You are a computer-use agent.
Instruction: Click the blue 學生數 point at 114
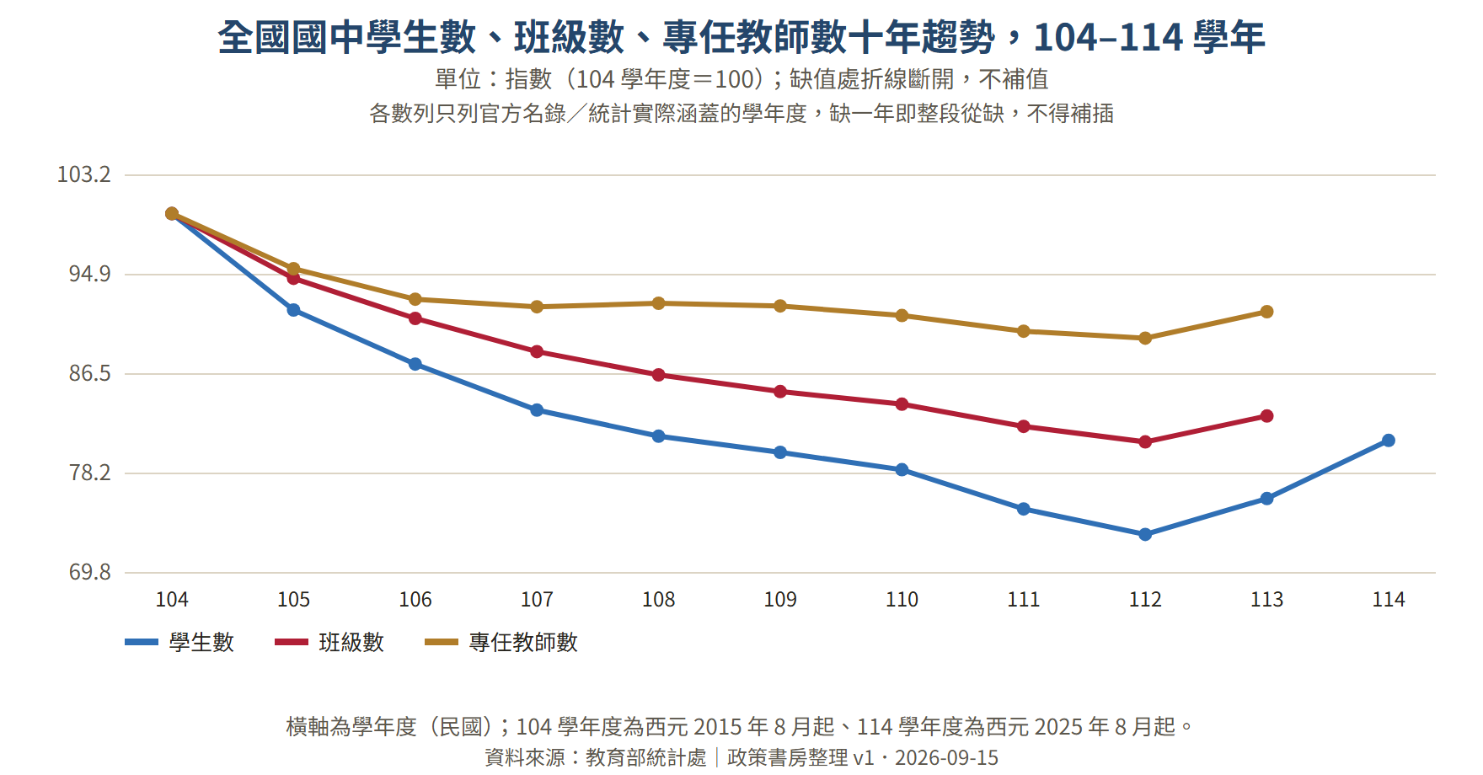tap(1389, 441)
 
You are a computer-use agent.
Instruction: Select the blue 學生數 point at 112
tap(1145, 535)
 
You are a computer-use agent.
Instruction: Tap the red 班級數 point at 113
tap(1266, 416)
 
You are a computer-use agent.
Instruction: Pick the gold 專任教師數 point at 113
tap(1266, 312)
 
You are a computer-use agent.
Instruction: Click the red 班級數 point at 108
tap(659, 375)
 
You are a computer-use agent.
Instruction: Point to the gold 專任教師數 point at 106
tap(415, 299)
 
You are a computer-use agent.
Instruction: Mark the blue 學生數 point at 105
tap(293, 310)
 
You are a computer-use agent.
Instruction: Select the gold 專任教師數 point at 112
tap(1145, 339)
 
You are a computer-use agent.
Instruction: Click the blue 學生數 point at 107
tap(537, 410)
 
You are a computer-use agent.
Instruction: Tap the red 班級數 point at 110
tap(902, 404)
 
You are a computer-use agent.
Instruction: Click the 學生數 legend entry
tap(179, 643)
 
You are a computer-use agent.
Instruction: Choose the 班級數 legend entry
tap(329, 643)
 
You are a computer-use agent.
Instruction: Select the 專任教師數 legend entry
tap(501, 643)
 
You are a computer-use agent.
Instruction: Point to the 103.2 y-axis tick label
tap(83, 175)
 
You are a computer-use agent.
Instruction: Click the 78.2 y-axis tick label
tap(89, 473)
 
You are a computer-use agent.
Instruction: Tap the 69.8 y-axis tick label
tap(89, 572)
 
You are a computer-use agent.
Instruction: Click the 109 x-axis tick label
tap(780, 600)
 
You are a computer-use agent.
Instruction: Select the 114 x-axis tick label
tap(1389, 600)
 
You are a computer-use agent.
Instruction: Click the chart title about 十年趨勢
tap(741, 38)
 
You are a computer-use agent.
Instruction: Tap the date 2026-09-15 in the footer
tap(946, 758)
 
